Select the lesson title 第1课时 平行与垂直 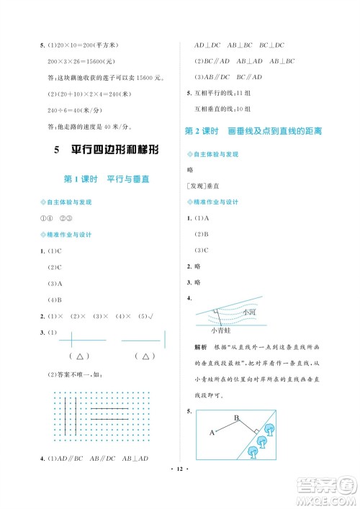[107, 179]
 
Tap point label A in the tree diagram [212, 432]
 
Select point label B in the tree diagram [235, 417]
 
